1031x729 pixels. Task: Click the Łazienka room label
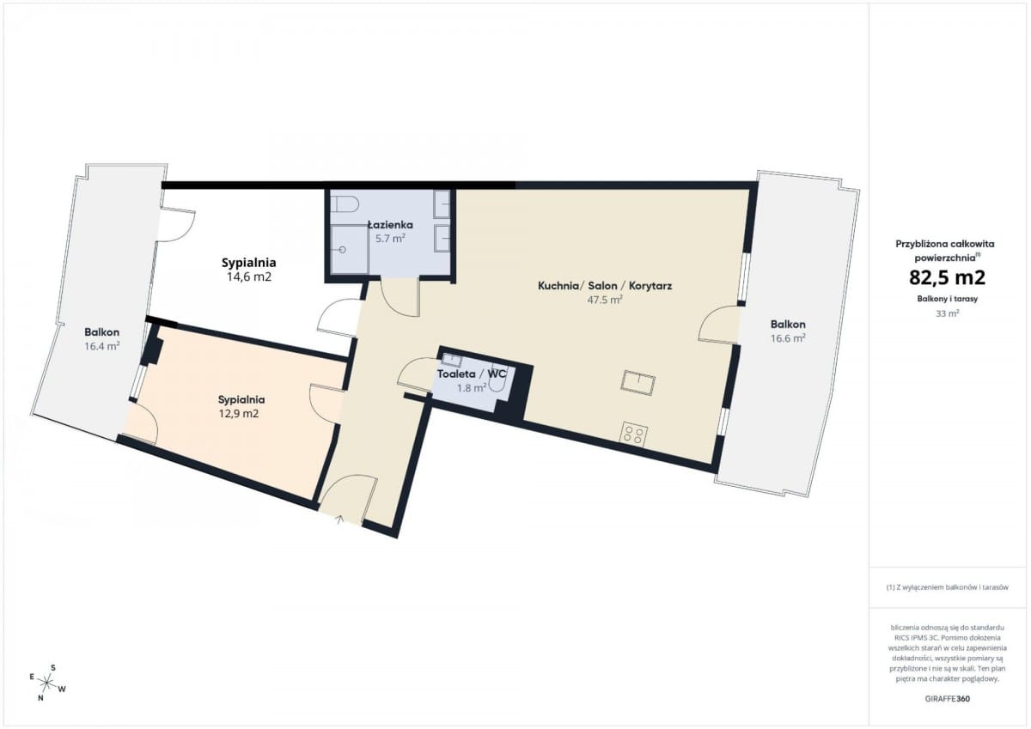click(390, 225)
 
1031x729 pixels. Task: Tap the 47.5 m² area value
click(605, 300)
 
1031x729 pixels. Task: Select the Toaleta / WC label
click(472, 374)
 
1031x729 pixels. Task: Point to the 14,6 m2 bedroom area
click(249, 276)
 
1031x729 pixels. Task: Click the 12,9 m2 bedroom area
click(239, 414)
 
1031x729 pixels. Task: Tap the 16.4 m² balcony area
click(101, 346)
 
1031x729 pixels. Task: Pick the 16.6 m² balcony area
click(788, 338)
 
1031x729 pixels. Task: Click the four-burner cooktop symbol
click(633, 434)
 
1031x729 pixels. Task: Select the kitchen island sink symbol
click(638, 383)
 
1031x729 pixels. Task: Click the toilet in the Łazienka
click(345, 204)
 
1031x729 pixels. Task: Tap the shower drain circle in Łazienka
click(342, 250)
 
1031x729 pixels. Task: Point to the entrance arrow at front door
click(340, 519)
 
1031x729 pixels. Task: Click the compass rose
click(47, 683)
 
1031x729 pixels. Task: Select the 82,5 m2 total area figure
click(947, 277)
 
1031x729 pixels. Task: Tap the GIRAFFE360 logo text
click(947, 699)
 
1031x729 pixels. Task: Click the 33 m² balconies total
click(947, 313)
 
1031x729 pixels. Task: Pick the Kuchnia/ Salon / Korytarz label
click(605, 286)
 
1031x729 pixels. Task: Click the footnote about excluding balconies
click(947, 586)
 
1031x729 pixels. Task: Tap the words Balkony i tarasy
click(947, 299)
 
